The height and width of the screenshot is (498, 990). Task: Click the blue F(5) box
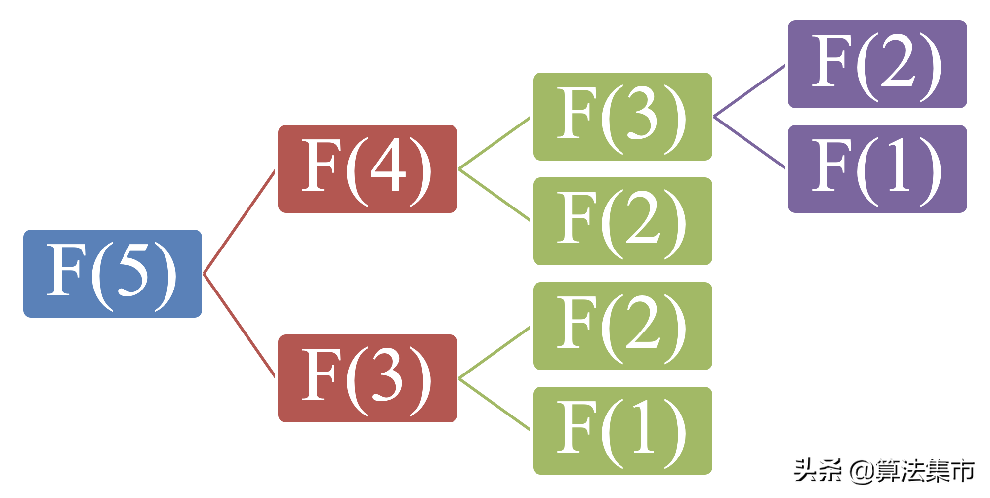point(113,273)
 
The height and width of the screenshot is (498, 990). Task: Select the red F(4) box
point(368,169)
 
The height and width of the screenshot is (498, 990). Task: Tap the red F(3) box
point(368,378)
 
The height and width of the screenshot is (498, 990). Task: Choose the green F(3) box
point(622,117)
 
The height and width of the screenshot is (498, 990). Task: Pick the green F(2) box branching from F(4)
point(622,221)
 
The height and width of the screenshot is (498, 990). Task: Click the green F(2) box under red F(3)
point(622,326)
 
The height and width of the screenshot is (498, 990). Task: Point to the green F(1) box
point(622,431)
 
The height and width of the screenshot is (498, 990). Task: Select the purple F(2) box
point(877,64)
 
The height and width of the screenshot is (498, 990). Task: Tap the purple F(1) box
point(877,169)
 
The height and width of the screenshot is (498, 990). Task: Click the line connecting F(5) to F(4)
point(240,221)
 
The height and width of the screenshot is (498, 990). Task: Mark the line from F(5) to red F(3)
point(240,326)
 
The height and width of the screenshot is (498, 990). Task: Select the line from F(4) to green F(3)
point(494,143)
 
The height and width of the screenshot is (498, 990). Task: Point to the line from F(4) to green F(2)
point(494,195)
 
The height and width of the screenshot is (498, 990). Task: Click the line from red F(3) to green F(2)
point(494,353)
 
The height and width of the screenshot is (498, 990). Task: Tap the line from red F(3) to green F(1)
point(494,404)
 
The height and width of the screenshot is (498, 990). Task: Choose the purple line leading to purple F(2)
point(749,91)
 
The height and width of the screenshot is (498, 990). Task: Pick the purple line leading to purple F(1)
point(749,142)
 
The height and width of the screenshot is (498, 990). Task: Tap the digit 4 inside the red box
point(388,165)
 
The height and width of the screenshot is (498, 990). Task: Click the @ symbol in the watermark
point(862,471)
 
